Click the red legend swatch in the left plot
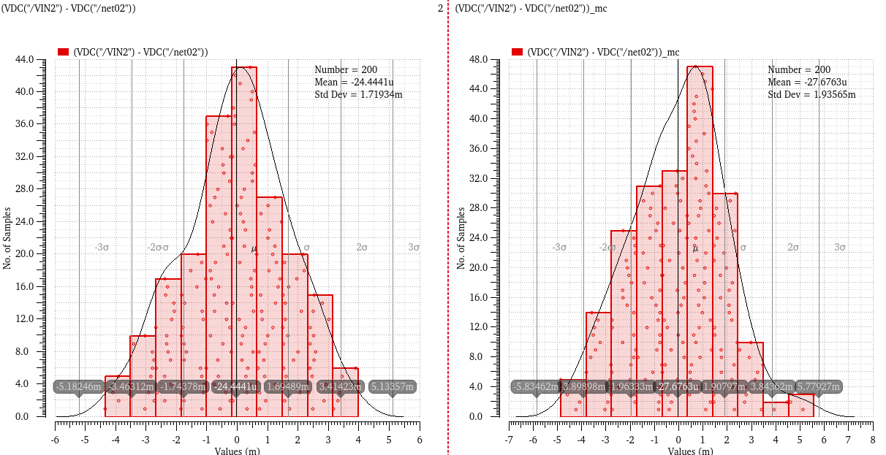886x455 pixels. (x=63, y=52)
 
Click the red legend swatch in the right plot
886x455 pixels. (x=518, y=52)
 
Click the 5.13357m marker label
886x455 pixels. (x=393, y=386)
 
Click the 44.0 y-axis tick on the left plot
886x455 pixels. (x=39, y=59)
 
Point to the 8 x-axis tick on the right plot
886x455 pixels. (x=872, y=440)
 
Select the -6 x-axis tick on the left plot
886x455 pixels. (x=55, y=440)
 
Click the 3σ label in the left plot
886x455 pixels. (x=414, y=248)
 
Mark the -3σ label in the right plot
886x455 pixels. (x=559, y=248)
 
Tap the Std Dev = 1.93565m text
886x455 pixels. (x=811, y=94)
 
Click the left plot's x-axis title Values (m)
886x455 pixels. (x=237, y=451)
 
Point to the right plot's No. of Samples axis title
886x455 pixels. (x=462, y=238)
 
